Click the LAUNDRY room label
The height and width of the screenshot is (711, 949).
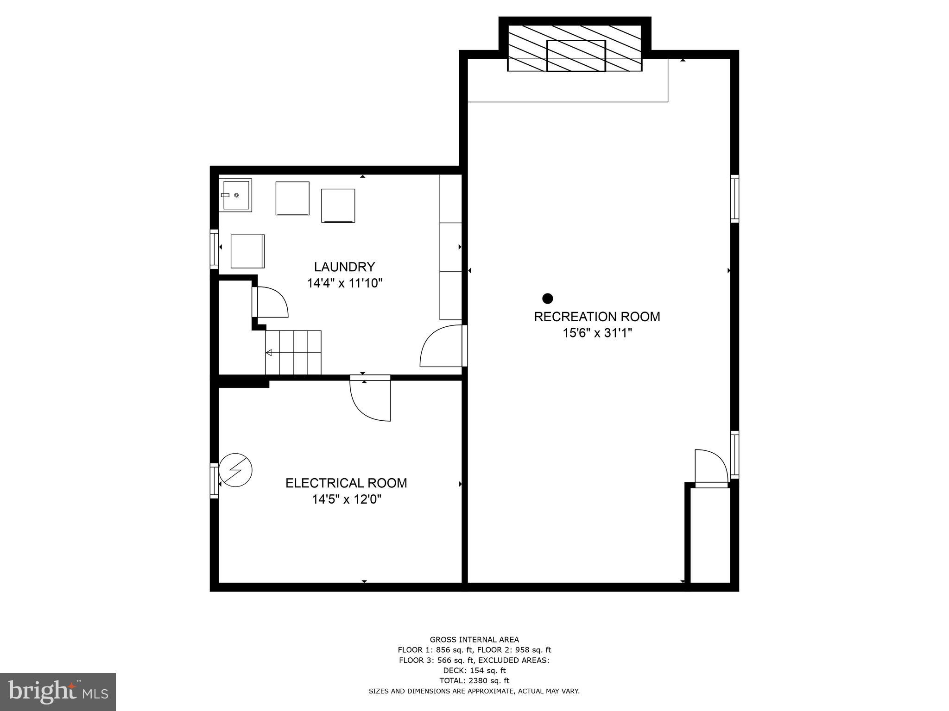344,267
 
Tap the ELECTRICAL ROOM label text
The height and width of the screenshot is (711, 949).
346,483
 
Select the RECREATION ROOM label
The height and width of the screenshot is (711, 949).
597,317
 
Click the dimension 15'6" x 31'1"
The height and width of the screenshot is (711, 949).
597,333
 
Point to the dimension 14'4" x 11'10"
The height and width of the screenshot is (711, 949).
344,283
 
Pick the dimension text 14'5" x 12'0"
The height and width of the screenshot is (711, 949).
346,499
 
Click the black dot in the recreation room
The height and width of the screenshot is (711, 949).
548,298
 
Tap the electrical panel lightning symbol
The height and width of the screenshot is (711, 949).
235,470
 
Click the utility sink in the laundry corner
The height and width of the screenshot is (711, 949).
235,195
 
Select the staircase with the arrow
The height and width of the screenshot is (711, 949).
293,352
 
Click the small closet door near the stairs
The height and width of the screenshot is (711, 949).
271,302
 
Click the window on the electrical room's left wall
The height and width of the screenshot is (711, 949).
214,480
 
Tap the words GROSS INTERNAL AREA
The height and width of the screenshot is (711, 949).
474,640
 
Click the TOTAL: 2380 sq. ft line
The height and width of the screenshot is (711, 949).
474,680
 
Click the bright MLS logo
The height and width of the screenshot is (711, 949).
58,692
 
